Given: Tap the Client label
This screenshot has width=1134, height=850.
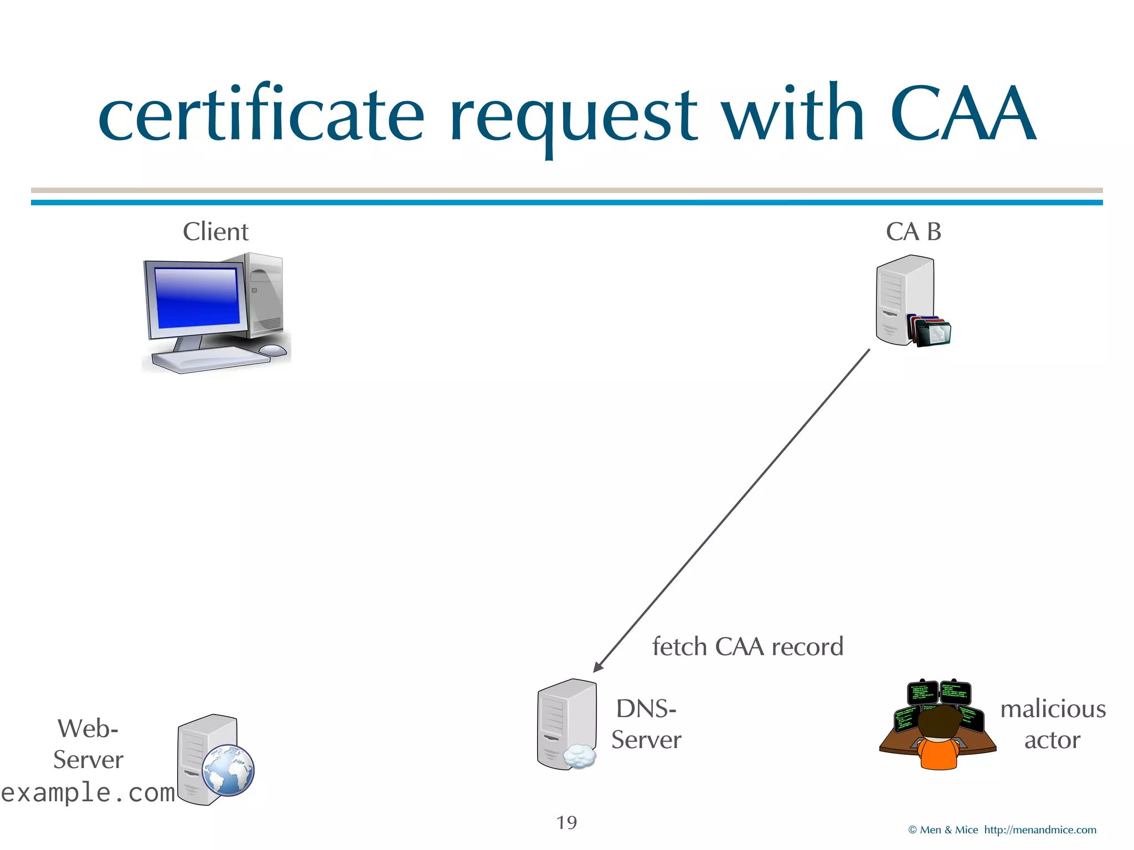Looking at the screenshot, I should [215, 231].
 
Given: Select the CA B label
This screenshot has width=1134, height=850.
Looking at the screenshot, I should [913, 231].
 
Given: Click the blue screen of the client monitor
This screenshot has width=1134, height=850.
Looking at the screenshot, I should [197, 298].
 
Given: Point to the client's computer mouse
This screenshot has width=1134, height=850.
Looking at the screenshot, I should [272, 350].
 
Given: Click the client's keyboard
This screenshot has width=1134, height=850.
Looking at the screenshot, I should [210, 360].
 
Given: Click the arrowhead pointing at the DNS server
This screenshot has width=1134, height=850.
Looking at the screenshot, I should [599, 667].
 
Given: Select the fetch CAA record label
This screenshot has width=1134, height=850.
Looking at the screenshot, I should [748, 646].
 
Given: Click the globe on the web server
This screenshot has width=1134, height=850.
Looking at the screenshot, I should [228, 770].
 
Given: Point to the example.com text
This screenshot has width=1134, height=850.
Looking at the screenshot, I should [87, 792].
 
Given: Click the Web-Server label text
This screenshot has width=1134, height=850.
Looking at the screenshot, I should [88, 744].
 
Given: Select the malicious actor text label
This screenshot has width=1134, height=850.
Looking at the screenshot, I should [1052, 724].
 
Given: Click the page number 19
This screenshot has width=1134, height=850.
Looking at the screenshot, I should [566, 822].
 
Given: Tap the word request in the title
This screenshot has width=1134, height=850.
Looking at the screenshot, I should [573, 116].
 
